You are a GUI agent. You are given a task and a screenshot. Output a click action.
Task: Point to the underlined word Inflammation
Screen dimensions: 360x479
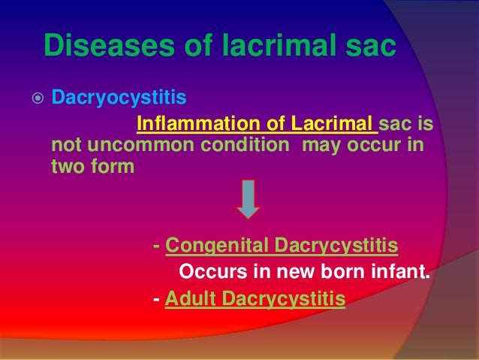click(195, 122)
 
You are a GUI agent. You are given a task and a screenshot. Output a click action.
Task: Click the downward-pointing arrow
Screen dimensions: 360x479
click(249, 199)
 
